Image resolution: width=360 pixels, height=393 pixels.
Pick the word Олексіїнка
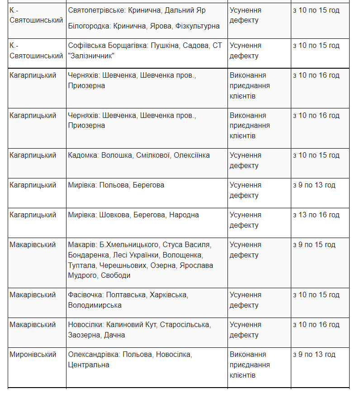pos(192,155)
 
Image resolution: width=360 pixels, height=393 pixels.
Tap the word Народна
pos(184,215)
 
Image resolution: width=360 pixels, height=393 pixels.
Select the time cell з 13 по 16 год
pos(316,215)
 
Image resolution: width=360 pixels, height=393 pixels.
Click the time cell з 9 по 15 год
pos(314,245)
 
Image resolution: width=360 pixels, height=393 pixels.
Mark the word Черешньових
pos(123,265)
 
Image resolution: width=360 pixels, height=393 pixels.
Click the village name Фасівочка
pos(86,295)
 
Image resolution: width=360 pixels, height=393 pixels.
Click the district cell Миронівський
pos(33,355)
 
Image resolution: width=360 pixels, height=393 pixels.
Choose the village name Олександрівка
pos(94,355)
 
